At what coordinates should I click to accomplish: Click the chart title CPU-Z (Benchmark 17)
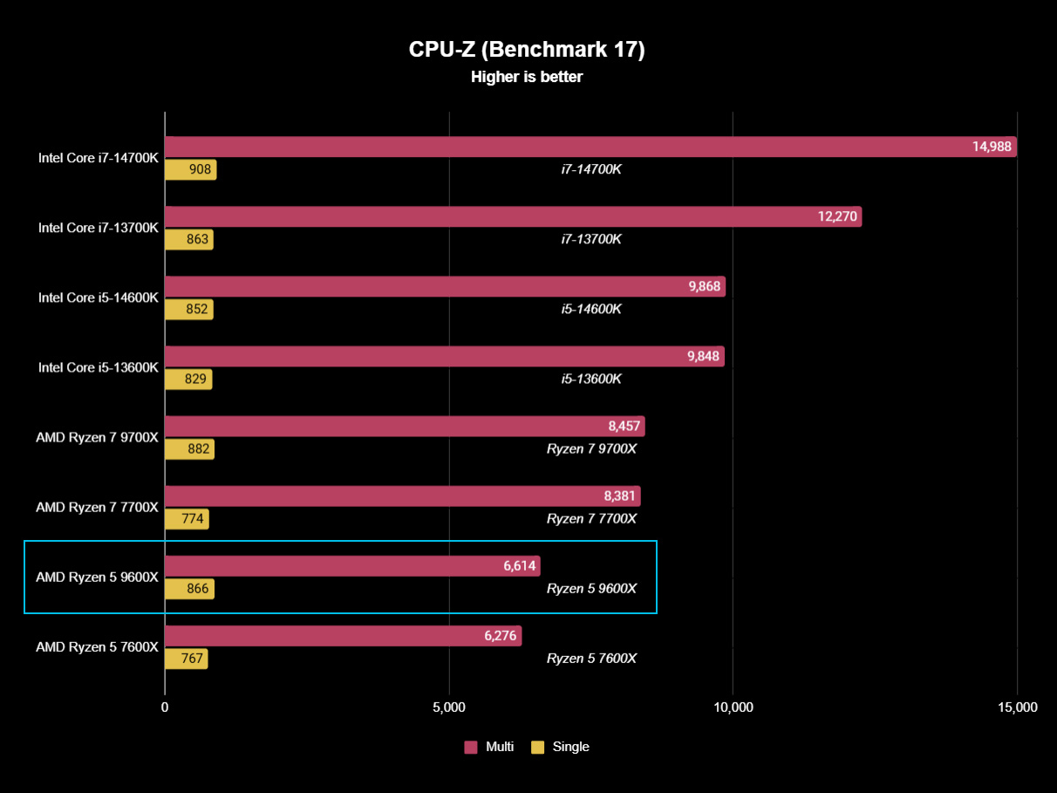tap(527, 50)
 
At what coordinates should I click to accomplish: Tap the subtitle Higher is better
tap(527, 77)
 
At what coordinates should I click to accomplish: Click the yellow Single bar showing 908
tap(190, 170)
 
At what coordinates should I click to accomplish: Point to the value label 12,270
tap(837, 216)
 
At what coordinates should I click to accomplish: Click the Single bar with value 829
tap(188, 379)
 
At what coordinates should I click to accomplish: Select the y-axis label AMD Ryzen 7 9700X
tap(97, 437)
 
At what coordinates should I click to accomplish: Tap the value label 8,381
tap(619, 496)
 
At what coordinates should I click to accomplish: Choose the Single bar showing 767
tap(186, 660)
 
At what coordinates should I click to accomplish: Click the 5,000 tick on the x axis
tap(448, 708)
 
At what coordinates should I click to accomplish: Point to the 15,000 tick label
tap(1016, 708)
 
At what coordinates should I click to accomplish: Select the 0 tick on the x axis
tap(165, 708)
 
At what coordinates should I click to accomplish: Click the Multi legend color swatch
tap(471, 747)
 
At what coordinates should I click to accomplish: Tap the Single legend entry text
tap(571, 747)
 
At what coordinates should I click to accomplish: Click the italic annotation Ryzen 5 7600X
tap(591, 659)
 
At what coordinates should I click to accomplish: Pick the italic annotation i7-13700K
tap(591, 239)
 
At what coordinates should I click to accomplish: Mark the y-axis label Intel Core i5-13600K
tap(98, 367)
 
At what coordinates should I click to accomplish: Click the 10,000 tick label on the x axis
tap(733, 708)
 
